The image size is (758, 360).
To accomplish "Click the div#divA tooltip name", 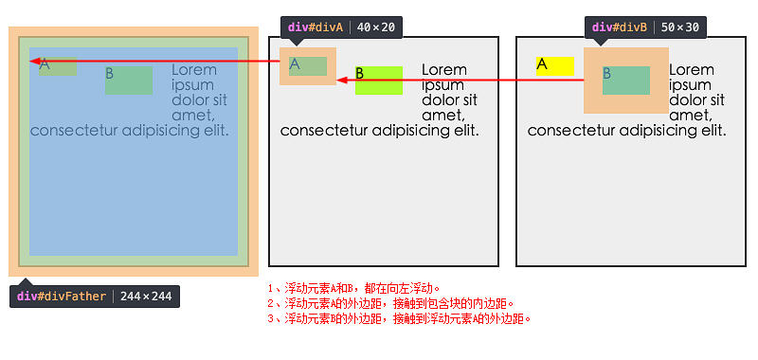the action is [x=316, y=27].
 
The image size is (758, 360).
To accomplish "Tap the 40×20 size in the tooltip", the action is [x=377, y=27].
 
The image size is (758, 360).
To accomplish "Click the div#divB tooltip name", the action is [x=620, y=27].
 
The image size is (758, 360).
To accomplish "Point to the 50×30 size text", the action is [x=681, y=27].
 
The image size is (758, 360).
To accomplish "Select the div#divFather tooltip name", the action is [x=60, y=297].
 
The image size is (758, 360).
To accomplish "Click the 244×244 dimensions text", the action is [x=146, y=297].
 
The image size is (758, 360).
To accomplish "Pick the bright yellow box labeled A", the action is [x=554, y=65].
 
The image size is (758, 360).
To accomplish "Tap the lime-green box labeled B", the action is [x=379, y=80].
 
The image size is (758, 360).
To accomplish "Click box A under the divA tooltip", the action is [x=308, y=65].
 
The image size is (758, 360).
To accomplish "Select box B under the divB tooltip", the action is [x=625, y=80].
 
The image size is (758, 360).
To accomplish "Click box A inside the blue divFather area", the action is [x=58, y=65].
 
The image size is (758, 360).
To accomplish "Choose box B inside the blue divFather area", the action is [x=129, y=80].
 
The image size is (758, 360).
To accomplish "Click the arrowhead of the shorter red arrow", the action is [x=343, y=80].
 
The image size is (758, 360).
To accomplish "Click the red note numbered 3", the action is [x=399, y=318].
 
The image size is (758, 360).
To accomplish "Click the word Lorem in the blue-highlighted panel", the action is [x=194, y=70].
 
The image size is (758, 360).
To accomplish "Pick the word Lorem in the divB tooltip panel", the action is [x=692, y=70].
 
